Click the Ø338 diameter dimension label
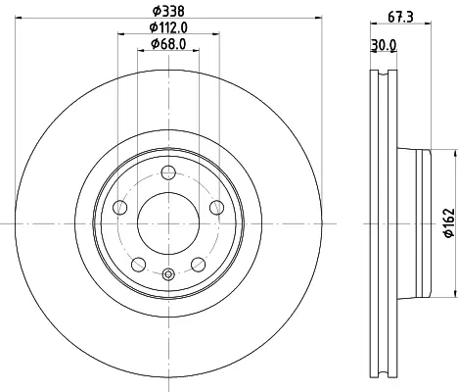point(168,12)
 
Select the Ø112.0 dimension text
point(168,27)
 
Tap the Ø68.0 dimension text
point(168,44)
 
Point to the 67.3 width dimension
point(400,17)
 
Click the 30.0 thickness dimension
point(384,45)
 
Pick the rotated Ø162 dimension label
point(449,222)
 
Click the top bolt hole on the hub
point(168,172)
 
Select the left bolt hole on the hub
point(119,208)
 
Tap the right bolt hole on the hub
point(217,208)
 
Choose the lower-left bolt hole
point(138,265)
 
